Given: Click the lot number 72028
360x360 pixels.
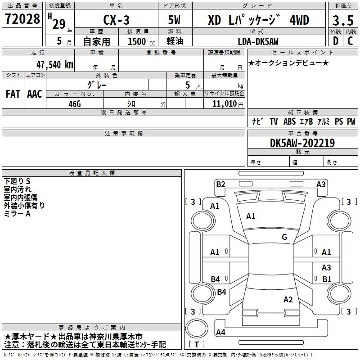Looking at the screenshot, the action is [x=22, y=19].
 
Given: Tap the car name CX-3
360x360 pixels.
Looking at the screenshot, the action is [x=117, y=20].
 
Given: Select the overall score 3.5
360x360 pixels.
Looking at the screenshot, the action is [x=343, y=20].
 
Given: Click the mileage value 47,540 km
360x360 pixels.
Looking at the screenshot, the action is [x=55, y=65].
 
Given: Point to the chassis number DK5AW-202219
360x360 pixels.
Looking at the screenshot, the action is [x=302, y=143].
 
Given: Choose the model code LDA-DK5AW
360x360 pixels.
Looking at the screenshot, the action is [x=258, y=41].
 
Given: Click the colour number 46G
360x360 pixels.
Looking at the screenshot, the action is [x=75, y=104].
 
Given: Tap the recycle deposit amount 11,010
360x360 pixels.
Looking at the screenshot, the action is [x=225, y=104].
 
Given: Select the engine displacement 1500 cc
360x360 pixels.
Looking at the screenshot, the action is [x=141, y=42].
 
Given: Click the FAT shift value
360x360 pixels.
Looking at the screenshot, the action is [x=13, y=94].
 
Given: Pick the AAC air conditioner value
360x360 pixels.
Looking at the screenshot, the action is [x=35, y=94].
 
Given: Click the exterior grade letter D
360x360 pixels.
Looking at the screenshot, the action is [x=335, y=41].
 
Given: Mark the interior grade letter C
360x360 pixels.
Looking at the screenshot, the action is [x=350, y=41].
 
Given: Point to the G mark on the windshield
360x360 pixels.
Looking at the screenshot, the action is [x=284, y=237].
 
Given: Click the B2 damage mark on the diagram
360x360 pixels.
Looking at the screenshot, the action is [x=220, y=184].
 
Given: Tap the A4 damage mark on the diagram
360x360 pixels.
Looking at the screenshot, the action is [x=220, y=332].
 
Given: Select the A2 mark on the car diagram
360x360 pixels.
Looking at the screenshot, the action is [x=288, y=300].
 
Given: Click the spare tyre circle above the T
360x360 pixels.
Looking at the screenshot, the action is [x=197, y=328].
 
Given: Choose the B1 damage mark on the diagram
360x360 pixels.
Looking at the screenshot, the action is [x=327, y=279].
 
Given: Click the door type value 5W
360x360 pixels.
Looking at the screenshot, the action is [x=174, y=20].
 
